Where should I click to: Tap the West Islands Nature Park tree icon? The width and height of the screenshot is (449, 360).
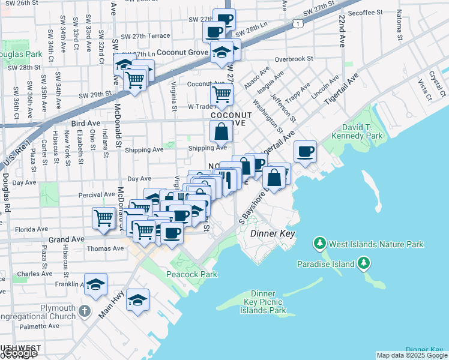pyautogui.click(x=321, y=244)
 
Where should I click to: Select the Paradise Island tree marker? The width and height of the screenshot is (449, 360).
pyautogui.click(x=363, y=263)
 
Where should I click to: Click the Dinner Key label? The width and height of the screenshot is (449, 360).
pyautogui.click(x=273, y=233)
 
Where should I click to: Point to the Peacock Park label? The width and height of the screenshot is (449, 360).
pyautogui.click(x=191, y=274)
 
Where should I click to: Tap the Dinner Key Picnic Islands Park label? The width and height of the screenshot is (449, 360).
pyautogui.click(x=263, y=302)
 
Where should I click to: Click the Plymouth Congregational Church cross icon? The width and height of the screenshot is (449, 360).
pyautogui.click(x=85, y=311)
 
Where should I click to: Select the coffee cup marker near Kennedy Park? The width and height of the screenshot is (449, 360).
pyautogui.click(x=306, y=151)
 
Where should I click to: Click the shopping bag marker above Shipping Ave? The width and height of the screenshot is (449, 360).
pyautogui.click(x=221, y=131)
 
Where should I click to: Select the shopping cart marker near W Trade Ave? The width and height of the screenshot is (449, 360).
pyautogui.click(x=221, y=94)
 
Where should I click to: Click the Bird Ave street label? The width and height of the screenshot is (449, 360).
pyautogui.click(x=85, y=123)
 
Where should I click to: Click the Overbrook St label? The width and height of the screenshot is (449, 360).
pyautogui.click(x=294, y=59)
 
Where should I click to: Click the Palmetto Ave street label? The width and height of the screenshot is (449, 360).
pyautogui.click(x=38, y=326)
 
